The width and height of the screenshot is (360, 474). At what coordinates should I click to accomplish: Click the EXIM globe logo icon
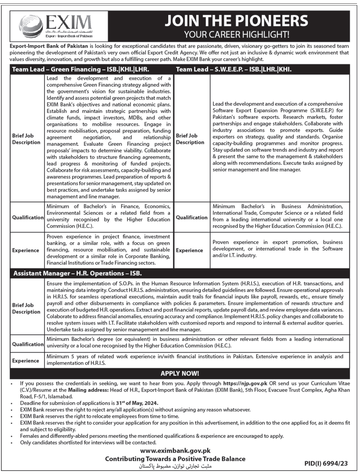coord(31,26)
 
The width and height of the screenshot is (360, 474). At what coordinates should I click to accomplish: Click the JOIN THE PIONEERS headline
coord(236,21)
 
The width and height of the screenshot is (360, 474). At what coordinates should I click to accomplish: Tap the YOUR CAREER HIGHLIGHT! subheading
coord(236,34)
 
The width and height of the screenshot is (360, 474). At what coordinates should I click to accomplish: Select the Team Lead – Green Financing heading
coord(81,69)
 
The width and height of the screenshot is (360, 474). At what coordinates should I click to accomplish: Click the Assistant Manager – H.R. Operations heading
coord(77,273)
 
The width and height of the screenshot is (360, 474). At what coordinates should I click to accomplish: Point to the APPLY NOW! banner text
coord(180,373)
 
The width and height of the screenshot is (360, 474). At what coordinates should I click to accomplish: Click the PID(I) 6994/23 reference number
coord(326,463)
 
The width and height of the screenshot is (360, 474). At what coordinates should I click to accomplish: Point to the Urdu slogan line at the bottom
coord(176,466)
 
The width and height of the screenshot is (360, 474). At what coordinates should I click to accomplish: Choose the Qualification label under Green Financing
coord(28,217)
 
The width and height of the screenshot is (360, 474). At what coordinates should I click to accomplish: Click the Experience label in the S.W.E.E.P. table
coord(189,251)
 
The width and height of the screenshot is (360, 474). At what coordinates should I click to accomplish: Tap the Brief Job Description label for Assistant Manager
coord(26,308)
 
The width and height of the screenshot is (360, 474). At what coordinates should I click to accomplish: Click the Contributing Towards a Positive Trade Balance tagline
coord(175,459)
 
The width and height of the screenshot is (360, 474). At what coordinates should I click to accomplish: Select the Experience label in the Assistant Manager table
coord(26,361)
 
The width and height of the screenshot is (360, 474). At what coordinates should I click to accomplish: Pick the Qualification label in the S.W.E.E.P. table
coord(192,217)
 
